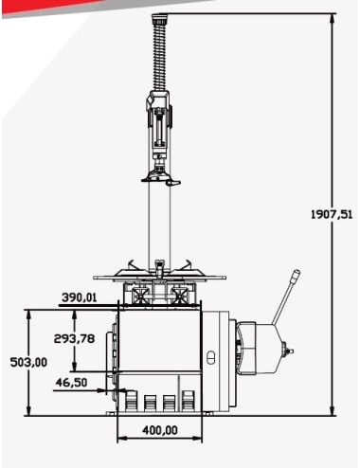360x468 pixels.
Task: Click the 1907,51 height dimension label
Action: click(332, 214)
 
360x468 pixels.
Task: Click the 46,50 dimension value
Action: click(72, 382)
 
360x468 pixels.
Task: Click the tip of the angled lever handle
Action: click(296, 276)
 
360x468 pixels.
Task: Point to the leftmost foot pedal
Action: click(129, 403)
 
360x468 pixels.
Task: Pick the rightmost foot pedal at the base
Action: click(189, 403)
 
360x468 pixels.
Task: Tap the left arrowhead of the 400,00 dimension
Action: click(119, 440)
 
